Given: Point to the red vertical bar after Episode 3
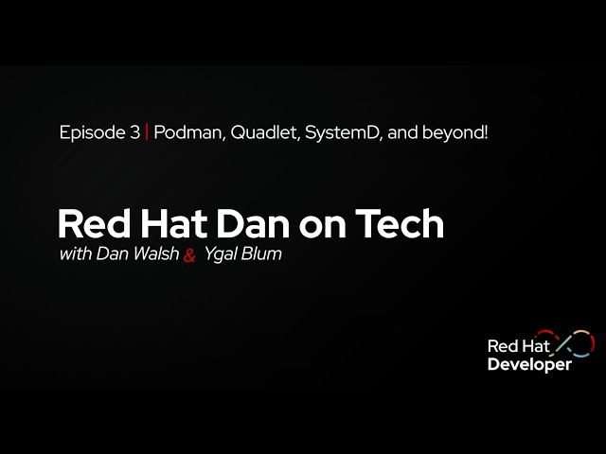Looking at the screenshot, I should coord(147,133).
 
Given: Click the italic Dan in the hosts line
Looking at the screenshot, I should coord(110,254).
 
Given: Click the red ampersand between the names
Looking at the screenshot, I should coord(188,255).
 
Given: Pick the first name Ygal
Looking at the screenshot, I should coord(220,255).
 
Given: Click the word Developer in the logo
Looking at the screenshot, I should coord(529,365).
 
